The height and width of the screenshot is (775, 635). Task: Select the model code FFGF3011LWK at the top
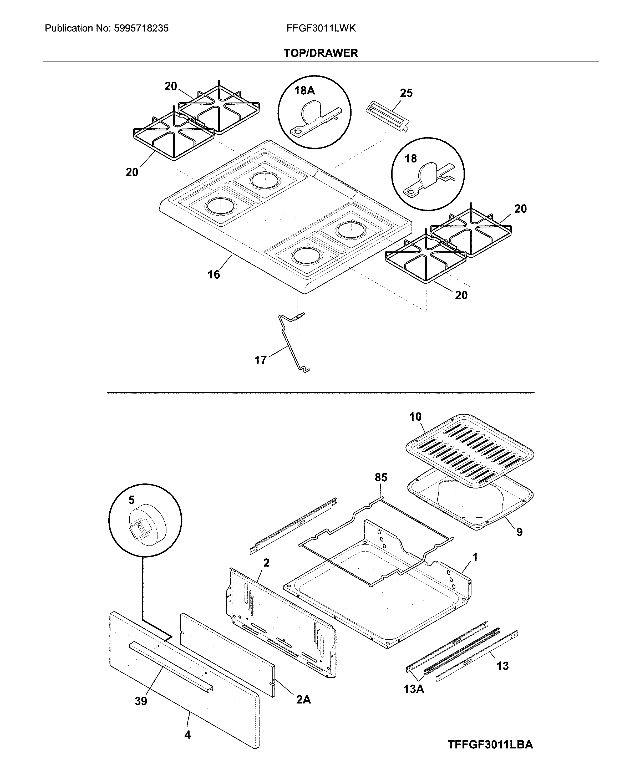click(321, 29)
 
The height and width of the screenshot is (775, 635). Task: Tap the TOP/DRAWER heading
click(321, 53)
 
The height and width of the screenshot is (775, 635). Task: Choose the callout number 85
click(381, 477)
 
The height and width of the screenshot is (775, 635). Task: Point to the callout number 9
click(519, 532)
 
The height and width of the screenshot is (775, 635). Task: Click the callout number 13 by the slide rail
click(502, 666)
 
